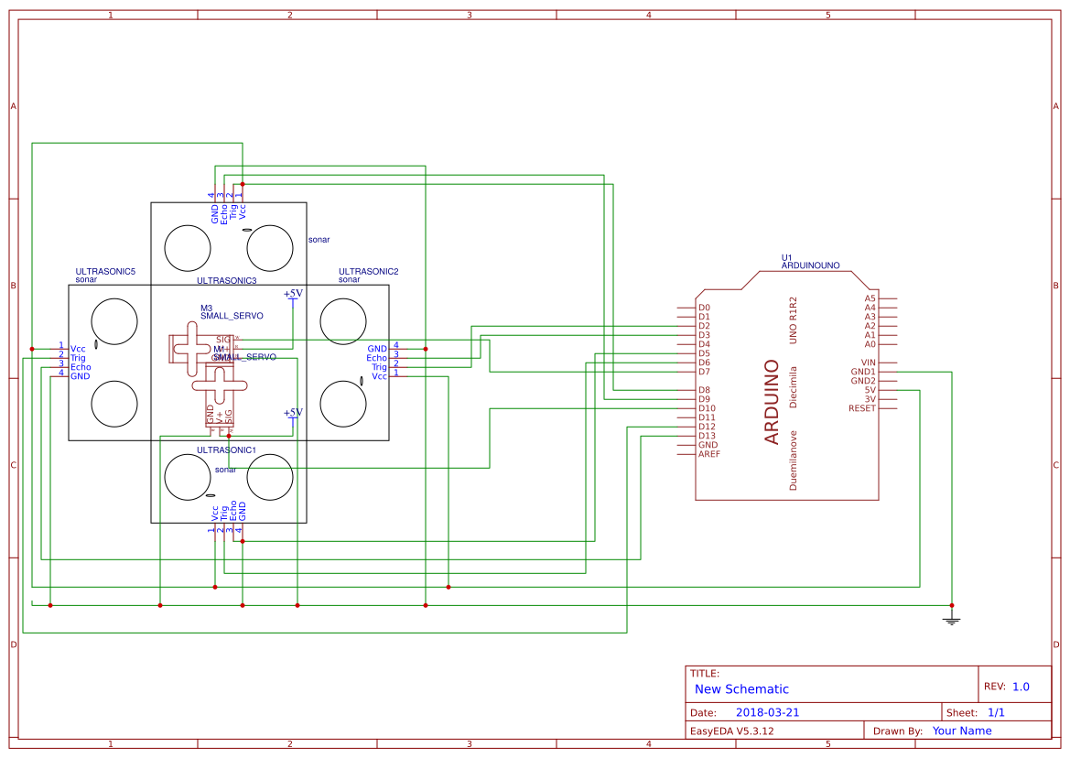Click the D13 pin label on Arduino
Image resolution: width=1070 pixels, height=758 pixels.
pyautogui.click(x=707, y=436)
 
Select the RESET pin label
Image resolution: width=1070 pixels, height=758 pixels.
pyautogui.click(x=862, y=408)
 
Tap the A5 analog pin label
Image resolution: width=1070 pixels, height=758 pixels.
pyautogui.click(x=870, y=298)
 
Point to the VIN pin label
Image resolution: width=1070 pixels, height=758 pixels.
pyautogui.click(x=867, y=363)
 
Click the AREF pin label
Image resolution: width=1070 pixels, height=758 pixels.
pyautogui.click(x=708, y=454)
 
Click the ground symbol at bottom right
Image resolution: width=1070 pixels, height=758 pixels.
pyautogui.click(x=951, y=621)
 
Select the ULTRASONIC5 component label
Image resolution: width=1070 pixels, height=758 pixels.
pyautogui.click(x=105, y=272)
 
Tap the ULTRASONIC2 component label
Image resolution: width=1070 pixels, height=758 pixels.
pyautogui.click(x=368, y=272)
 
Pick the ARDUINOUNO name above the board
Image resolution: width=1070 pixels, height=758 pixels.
pyautogui.click(x=810, y=265)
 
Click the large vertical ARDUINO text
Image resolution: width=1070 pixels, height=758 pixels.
pyautogui.click(x=772, y=402)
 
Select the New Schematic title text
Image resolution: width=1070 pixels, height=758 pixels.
pyautogui.click(x=741, y=689)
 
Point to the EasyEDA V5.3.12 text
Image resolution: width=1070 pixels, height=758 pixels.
pyautogui.click(x=731, y=731)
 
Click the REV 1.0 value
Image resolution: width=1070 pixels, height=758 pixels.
pyautogui.click(x=1021, y=687)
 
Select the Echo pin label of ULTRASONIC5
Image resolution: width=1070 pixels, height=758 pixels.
pyautogui.click(x=81, y=367)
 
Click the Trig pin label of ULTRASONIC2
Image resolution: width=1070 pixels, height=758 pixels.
pyautogui.click(x=379, y=367)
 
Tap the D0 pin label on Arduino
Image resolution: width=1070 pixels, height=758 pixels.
pyautogui.click(x=704, y=308)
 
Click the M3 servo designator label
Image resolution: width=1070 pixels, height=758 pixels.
pyautogui.click(x=206, y=308)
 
